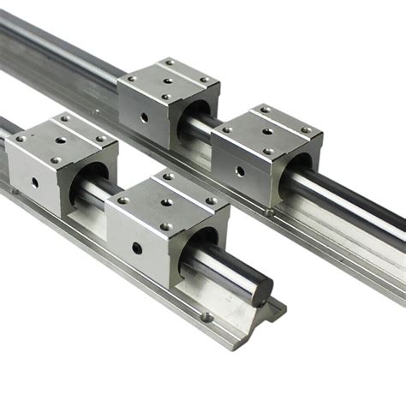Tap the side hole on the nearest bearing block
click(x=137, y=249)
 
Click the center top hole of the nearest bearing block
click(x=166, y=203)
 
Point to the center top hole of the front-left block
click(x=61, y=138)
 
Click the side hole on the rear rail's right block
click(x=240, y=170)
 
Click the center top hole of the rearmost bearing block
click(x=168, y=81)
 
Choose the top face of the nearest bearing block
click(x=166, y=197)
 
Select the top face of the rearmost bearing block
click(x=168, y=77)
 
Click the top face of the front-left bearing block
click(x=61, y=133)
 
